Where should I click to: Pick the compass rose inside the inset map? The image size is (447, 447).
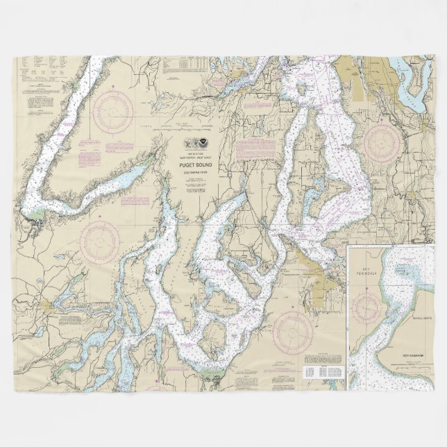(369, 305)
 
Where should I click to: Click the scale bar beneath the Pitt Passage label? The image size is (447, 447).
(415, 362)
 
